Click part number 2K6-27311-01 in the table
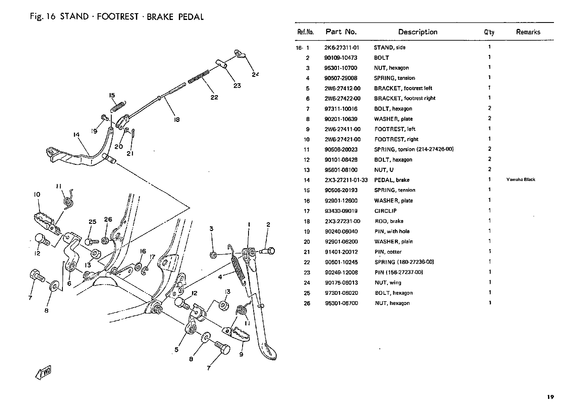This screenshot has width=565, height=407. click(x=342, y=48)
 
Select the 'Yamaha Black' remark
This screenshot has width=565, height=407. click(x=520, y=180)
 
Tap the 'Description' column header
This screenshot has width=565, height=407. click(x=418, y=32)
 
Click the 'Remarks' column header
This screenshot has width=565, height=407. click(x=528, y=32)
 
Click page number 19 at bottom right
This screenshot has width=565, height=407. click(x=550, y=397)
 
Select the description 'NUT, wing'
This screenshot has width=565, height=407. click(x=387, y=283)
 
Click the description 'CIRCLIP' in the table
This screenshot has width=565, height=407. click(x=385, y=211)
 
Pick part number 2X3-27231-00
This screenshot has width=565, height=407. click(x=342, y=221)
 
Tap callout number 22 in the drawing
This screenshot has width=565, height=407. click(x=214, y=97)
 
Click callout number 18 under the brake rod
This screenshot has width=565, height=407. click(x=177, y=120)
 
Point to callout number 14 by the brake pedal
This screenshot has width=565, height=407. click(x=76, y=135)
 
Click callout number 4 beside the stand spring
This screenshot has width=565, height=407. click(x=220, y=277)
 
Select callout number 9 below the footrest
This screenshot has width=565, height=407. click(x=241, y=355)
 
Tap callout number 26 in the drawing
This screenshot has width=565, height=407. click(x=108, y=220)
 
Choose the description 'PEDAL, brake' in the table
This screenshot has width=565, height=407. click(x=392, y=180)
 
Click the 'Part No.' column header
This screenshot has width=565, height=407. click(x=341, y=32)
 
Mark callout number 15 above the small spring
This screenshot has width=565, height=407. click(x=112, y=96)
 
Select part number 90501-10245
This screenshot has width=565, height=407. click(x=341, y=262)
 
